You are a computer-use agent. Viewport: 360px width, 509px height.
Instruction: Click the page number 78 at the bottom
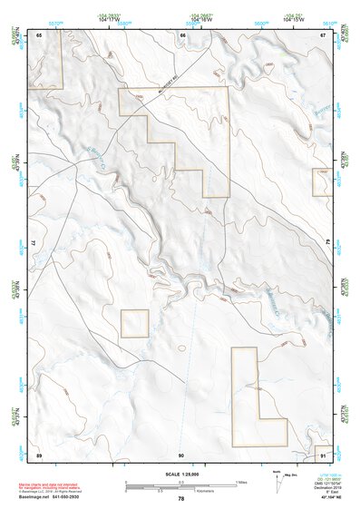coord(181,498)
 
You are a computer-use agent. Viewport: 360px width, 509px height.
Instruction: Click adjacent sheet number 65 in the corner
coord(40,34)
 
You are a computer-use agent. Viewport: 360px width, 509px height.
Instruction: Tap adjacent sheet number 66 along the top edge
coord(182,34)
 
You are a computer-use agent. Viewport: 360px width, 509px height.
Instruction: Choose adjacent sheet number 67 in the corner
coord(324,34)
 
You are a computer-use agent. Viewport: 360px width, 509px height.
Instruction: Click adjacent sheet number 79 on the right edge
coord(328,243)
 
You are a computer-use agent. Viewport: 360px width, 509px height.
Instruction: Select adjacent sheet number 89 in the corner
coord(40,453)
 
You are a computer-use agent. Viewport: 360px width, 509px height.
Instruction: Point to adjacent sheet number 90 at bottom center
coord(181,453)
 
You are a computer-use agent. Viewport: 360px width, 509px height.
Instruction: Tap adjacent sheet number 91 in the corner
coord(324,453)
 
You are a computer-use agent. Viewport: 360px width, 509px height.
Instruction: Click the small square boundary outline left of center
coord(135,323)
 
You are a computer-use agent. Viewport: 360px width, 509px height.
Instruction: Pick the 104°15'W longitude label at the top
coord(292,18)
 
